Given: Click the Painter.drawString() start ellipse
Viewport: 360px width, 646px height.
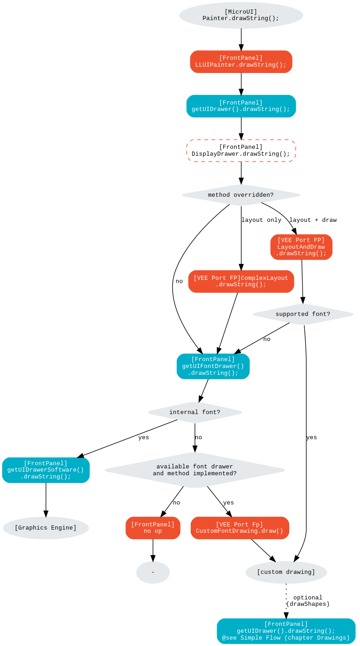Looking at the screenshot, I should click(241, 16).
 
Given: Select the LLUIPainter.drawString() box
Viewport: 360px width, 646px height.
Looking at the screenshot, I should click(241, 62).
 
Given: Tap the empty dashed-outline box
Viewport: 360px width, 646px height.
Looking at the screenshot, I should click(241, 151).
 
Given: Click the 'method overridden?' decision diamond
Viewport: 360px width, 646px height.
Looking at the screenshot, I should click(241, 195).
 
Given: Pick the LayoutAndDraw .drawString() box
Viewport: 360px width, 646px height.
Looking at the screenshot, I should click(301, 247).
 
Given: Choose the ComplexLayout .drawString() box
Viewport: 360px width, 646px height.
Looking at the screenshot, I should click(241, 281).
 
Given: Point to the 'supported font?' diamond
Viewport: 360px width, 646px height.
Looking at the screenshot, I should click(303, 314).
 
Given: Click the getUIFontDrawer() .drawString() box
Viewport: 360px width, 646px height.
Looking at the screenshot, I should click(213, 366).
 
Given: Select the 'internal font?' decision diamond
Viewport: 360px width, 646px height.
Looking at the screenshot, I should click(195, 412).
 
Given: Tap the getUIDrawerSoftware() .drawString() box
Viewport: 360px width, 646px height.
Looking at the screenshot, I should click(46, 470).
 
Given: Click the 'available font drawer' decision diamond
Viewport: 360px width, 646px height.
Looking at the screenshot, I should click(195, 470).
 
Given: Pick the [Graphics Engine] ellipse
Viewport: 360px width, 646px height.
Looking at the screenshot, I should click(46, 528).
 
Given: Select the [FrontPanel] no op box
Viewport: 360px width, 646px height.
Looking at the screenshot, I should click(153, 528).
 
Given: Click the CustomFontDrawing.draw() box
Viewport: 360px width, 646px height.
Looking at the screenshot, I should click(240, 528).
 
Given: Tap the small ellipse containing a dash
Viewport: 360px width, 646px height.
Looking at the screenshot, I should click(153, 572).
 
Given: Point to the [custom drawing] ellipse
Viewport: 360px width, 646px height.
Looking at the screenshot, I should click(286, 572).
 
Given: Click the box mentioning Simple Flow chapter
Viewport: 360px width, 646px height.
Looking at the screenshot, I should click(286, 631).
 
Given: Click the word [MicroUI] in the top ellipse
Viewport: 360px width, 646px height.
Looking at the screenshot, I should click(241, 12).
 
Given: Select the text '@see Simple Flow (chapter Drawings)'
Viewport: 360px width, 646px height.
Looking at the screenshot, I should click(286, 638).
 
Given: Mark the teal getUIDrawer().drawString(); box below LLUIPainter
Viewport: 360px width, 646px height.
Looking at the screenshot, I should click(241, 106).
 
